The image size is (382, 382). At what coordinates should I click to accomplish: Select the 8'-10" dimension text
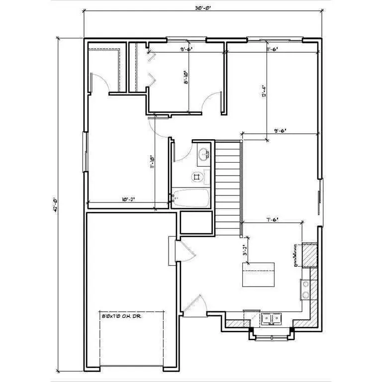186,79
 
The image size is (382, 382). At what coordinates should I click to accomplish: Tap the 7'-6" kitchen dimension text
272,219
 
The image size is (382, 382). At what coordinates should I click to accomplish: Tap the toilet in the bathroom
197,176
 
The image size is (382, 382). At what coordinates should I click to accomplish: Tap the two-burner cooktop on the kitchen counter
305,289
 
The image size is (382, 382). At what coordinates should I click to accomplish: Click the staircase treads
228,187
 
